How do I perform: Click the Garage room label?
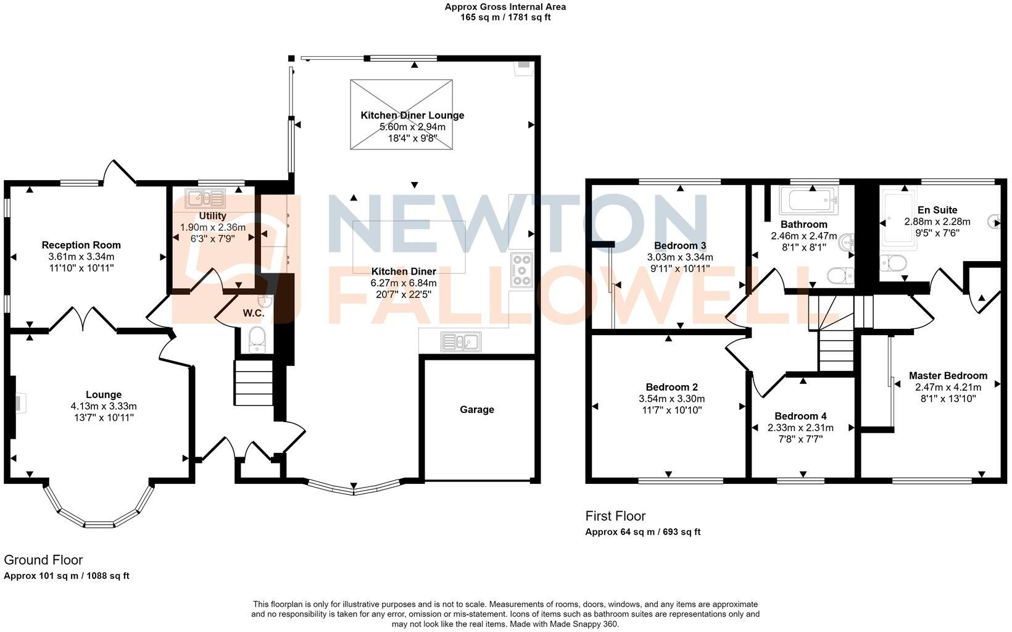coord(476,409)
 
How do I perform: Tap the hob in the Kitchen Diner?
coord(522,270)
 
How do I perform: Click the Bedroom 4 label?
coord(800,416)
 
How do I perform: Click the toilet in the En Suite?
coord(892,264)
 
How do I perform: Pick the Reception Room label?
coord(81,245)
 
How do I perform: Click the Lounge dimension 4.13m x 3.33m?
coord(103,406)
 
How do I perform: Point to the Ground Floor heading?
coord(43,560)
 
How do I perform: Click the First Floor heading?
coord(615,516)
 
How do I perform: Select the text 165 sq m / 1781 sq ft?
coord(505,17)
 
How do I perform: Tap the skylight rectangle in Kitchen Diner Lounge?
coord(401,114)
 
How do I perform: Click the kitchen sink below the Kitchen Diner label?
coord(460,341)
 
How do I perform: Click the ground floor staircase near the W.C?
coord(253,383)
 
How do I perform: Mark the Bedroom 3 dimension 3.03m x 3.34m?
coord(679,257)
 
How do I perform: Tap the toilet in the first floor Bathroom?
coord(840,275)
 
